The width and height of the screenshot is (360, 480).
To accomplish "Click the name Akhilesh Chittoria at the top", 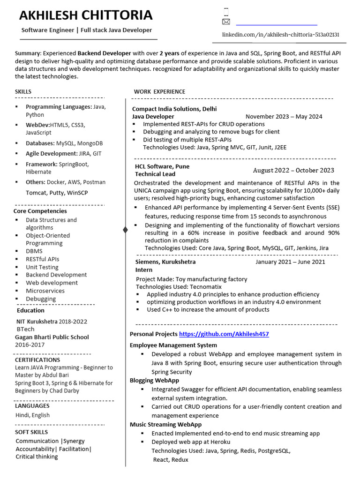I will (x=86, y=15).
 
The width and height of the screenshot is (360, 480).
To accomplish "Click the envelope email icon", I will (x=226, y=22).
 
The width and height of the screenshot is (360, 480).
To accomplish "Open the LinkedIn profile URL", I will (x=280, y=35).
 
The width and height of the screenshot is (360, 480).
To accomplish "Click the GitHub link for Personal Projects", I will (x=224, y=334).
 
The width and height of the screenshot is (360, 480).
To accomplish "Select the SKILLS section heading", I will (x=23, y=91).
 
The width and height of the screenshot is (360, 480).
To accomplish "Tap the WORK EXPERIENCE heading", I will (x=159, y=91).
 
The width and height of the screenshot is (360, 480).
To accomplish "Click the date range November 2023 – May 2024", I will (x=284, y=117).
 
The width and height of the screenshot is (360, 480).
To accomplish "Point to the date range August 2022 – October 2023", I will (x=293, y=171).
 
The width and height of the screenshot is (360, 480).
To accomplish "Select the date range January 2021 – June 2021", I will (x=290, y=262).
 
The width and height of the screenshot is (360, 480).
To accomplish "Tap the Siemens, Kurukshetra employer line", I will (x=165, y=262).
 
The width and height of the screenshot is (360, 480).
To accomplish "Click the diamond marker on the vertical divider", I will (x=125, y=229).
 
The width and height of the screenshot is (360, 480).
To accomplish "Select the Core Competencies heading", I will (x=40, y=211).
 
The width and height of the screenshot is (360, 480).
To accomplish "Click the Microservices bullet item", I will (x=45, y=291).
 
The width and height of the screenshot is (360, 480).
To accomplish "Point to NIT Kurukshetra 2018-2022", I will (x=52, y=322).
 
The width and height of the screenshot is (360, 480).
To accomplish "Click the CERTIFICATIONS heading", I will (x=37, y=360).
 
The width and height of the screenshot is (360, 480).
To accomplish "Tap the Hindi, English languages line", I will (x=32, y=415).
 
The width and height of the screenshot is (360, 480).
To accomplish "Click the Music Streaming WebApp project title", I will (x=165, y=425).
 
